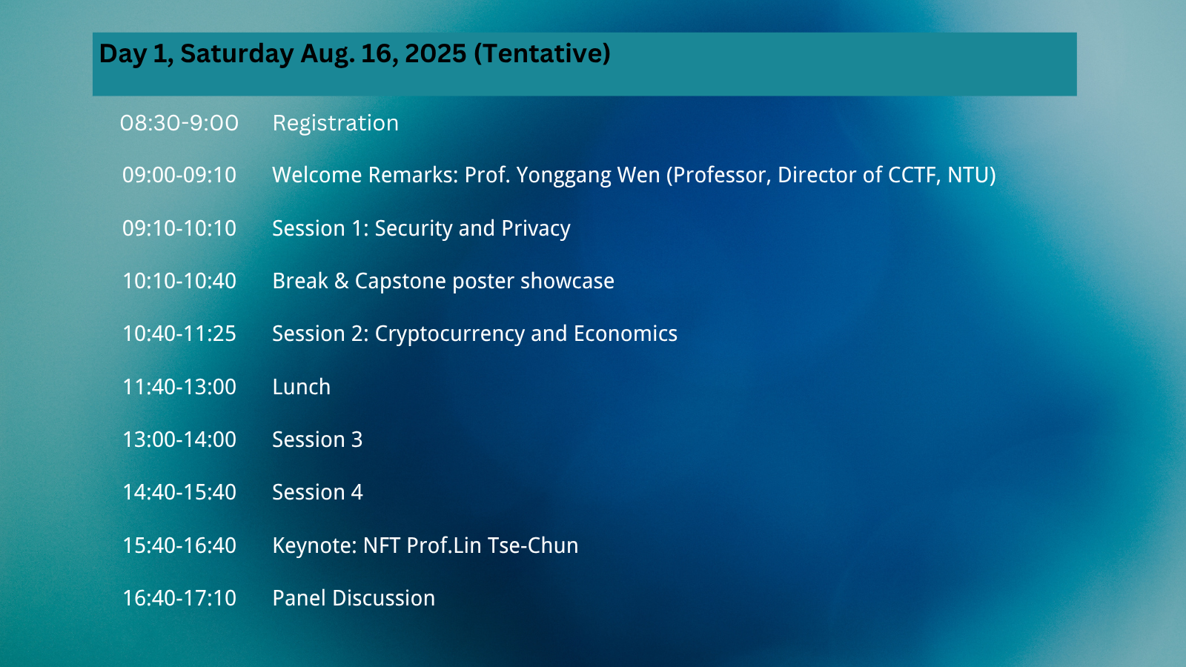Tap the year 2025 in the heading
pyautogui.click(x=435, y=53)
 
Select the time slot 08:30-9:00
pyautogui.click(x=179, y=123)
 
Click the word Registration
pyautogui.click(x=335, y=123)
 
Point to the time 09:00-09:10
pyautogui.click(x=179, y=175)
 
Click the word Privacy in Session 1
pyautogui.click(x=535, y=229)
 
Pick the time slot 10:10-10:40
pyautogui.click(x=179, y=281)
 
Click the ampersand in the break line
pyautogui.click(x=342, y=281)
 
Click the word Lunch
pyautogui.click(x=301, y=386)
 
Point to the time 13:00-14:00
pyautogui.click(x=179, y=439)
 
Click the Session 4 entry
pyautogui.click(x=317, y=492)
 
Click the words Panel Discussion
pyautogui.click(x=354, y=598)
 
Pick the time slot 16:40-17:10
pyautogui.click(x=179, y=598)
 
